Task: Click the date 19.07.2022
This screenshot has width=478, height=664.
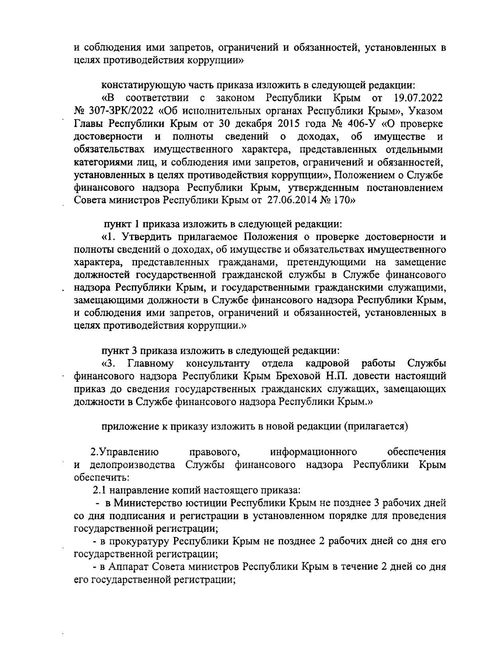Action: pos(418,98)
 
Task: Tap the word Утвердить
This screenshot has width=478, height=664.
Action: pos(146,237)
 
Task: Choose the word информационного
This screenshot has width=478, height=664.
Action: pos(313,452)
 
